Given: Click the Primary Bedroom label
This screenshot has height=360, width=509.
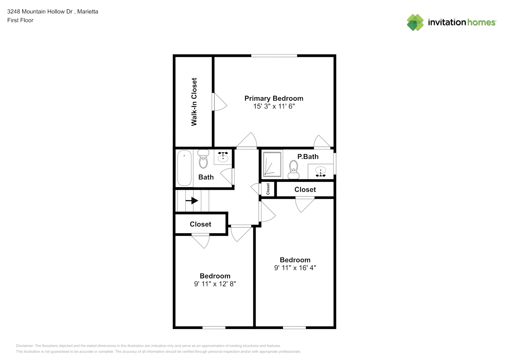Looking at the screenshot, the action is pyautogui.click(x=274, y=98).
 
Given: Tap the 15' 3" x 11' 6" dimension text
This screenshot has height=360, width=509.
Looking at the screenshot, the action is pyautogui.click(x=274, y=106).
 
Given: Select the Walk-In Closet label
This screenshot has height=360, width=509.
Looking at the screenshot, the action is pyautogui.click(x=194, y=102).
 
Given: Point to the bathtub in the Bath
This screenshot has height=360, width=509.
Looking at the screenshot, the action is pyautogui.click(x=184, y=168).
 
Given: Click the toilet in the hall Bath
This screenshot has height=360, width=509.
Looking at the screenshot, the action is pyautogui.click(x=203, y=159).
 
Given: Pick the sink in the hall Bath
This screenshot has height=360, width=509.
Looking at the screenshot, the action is pyautogui.click(x=223, y=157).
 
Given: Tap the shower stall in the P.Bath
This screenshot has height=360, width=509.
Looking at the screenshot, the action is pyautogui.click(x=272, y=164).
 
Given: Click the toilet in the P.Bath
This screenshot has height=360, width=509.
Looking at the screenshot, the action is pyautogui.click(x=294, y=170).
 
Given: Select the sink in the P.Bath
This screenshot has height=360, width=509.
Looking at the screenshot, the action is pyautogui.click(x=321, y=172).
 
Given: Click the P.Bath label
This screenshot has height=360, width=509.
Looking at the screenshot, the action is pyautogui.click(x=308, y=157).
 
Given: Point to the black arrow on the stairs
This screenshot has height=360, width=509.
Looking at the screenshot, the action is pyautogui.click(x=192, y=201).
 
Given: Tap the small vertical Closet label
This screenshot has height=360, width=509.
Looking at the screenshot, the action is pyautogui.click(x=268, y=189).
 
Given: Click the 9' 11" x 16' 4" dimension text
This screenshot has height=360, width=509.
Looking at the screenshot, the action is pyautogui.click(x=295, y=268).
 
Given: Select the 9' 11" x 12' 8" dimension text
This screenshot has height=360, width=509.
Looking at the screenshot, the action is pyautogui.click(x=215, y=284).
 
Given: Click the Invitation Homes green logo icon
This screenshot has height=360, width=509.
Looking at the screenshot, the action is pyautogui.click(x=415, y=22).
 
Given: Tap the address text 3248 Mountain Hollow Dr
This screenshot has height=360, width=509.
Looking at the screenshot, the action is pyautogui.click(x=40, y=12).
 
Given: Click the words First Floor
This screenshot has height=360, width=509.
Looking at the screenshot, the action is pyautogui.click(x=20, y=20).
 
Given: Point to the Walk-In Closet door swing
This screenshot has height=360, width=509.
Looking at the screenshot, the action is pyautogui.click(x=220, y=102).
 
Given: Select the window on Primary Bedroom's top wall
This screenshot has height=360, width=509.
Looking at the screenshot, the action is pyautogui.click(x=274, y=56).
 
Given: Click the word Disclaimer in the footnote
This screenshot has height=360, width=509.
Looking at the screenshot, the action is pyautogui.click(x=24, y=346).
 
